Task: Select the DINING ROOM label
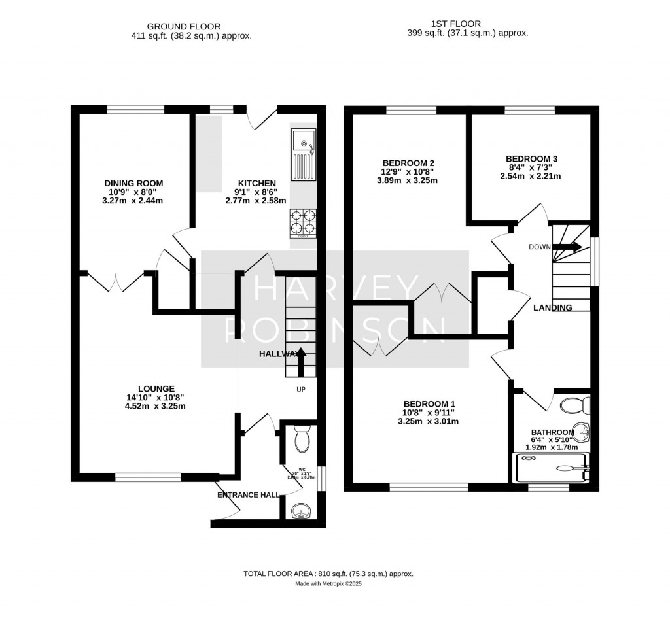click(x=133, y=183)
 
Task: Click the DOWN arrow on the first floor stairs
click(x=568, y=247)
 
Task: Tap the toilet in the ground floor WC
click(x=302, y=439)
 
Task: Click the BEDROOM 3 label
click(x=531, y=159)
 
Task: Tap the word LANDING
click(x=552, y=307)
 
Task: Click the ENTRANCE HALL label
click(x=248, y=495)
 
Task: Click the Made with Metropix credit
click(x=328, y=584)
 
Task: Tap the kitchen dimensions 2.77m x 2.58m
click(x=256, y=201)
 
